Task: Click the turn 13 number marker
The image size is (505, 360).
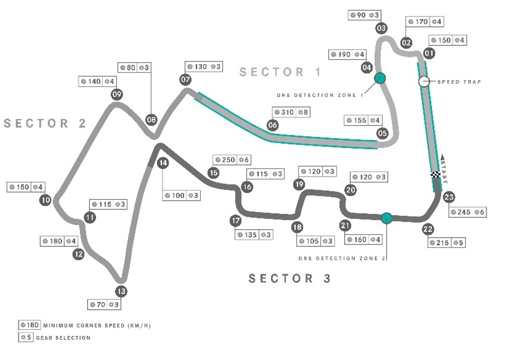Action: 121,292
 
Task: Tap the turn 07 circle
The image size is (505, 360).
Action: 185,80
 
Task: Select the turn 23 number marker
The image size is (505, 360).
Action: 449,197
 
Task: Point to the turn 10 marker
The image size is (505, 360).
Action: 46,200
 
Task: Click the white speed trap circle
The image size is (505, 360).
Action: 424,81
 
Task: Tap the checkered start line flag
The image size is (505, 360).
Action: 436,174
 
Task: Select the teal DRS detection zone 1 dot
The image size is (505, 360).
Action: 380,78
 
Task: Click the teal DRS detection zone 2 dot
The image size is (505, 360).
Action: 387,218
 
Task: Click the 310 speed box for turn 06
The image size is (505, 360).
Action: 291,112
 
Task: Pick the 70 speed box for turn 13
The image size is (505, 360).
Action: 104,305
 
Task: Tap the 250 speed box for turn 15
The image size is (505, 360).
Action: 232,160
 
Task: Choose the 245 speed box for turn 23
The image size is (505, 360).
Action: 467,212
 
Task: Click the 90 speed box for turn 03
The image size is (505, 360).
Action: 365,15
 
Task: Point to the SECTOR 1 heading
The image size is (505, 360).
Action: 280,72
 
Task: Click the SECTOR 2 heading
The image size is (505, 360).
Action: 45,123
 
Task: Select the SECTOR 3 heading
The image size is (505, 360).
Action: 290,279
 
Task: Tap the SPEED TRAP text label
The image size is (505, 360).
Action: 459,82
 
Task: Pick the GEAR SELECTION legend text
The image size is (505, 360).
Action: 63,338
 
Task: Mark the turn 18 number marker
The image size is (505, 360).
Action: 297,227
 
